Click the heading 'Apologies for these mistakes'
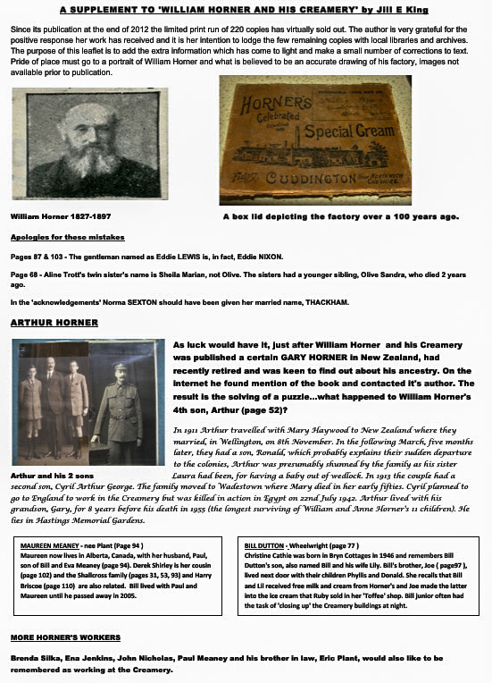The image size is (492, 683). (62, 238)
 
